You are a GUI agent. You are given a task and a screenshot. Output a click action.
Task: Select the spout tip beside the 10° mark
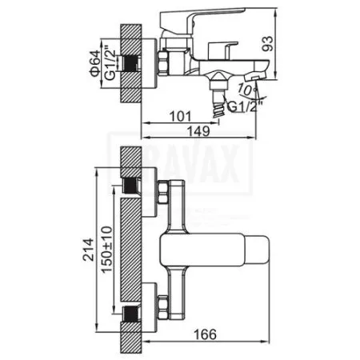point(252,74)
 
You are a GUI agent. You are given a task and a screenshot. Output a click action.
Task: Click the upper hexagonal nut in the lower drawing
point(162,194)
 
